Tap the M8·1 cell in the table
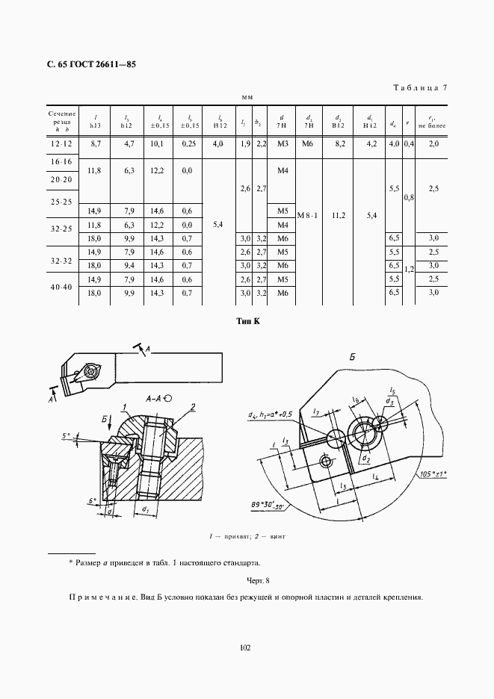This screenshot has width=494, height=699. click(308, 216)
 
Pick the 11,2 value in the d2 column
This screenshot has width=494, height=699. click(339, 216)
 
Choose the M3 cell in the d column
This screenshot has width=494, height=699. click(282, 143)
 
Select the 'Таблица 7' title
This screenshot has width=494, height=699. click(420, 88)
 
